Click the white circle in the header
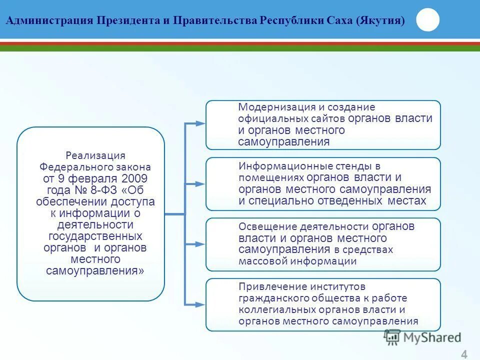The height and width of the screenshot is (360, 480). pyautogui.click(x=427, y=20)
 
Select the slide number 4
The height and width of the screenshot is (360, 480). pyautogui.click(x=464, y=354)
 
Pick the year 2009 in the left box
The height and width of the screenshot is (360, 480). pyautogui.click(x=134, y=178)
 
